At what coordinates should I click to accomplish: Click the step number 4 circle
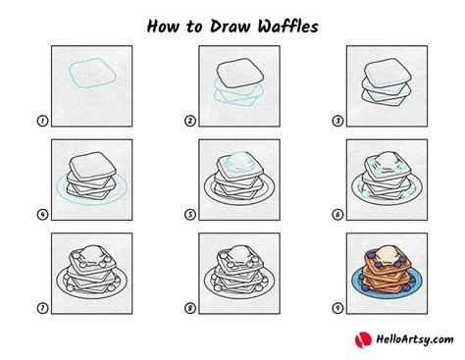coord(42,215)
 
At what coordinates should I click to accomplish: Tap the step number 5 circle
coord(188,215)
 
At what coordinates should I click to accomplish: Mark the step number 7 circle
coord(42,308)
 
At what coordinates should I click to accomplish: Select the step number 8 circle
coord(188,308)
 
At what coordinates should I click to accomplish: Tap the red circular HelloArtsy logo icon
coord(359,340)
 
